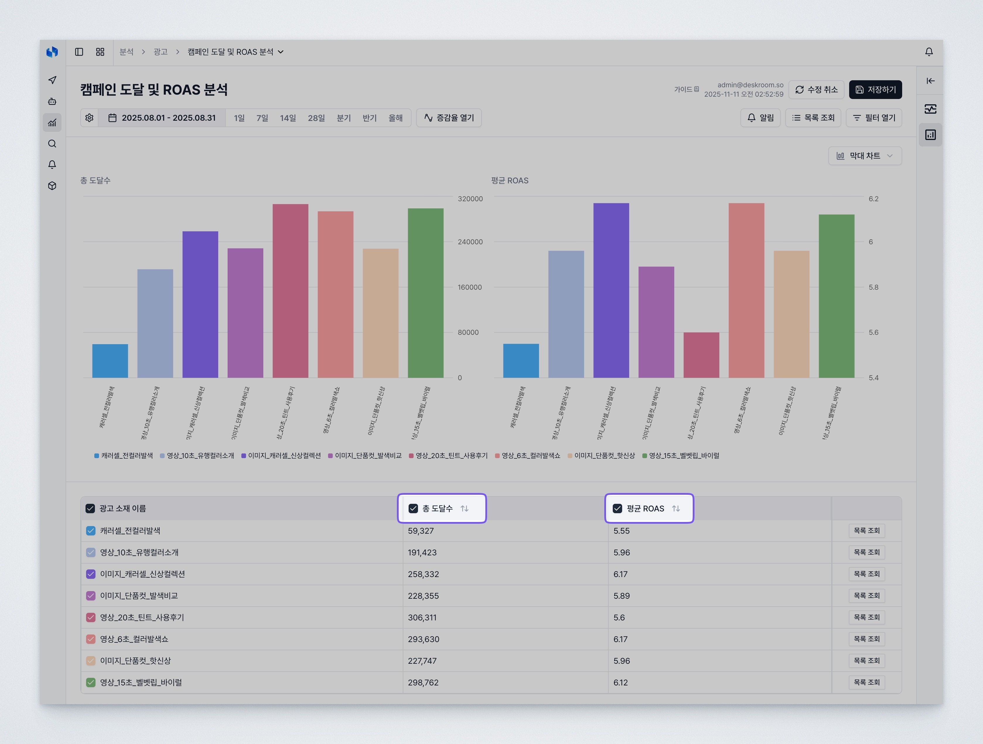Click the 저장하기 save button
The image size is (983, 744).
tap(875, 89)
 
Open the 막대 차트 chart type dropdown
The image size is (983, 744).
tap(864, 156)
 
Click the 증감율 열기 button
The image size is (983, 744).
tap(449, 118)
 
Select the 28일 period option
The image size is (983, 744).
tap(316, 118)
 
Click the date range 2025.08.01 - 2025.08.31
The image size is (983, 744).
tap(162, 118)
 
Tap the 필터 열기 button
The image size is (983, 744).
tap(874, 118)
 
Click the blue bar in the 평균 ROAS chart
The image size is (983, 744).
tap(521, 361)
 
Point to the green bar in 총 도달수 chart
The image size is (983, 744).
tap(425, 293)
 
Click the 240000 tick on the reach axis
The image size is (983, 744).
tap(470, 242)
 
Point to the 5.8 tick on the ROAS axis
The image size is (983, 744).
tap(873, 287)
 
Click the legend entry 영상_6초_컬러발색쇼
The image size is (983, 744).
tap(530, 455)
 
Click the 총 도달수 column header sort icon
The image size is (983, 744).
tap(464, 508)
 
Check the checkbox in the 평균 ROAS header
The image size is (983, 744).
tap(617, 508)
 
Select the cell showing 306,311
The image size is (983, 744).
tap(422, 617)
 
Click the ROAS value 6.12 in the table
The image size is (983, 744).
tap(620, 682)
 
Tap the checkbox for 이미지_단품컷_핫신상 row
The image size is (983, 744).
tap(91, 661)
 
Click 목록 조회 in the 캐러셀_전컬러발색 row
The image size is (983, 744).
tap(866, 531)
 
